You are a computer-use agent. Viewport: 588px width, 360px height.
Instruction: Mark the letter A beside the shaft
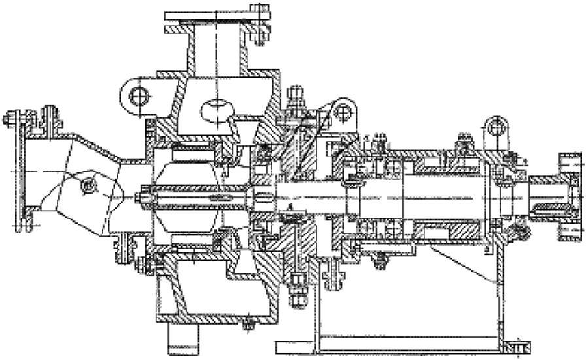click(291, 207)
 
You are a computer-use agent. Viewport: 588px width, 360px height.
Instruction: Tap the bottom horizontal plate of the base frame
click(392, 344)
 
